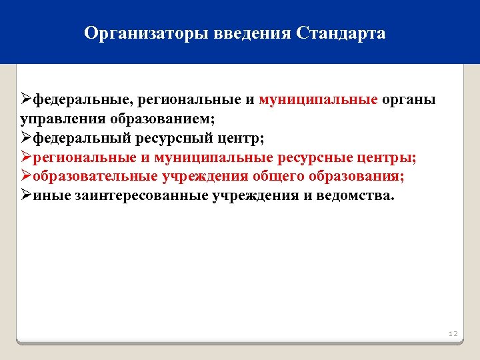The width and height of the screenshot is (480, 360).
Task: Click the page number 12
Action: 453,333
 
